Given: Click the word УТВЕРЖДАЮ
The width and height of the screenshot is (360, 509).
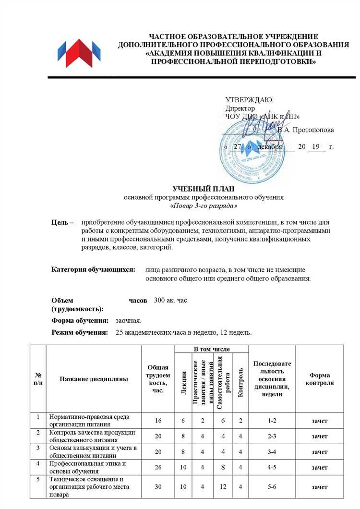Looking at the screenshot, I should point(249,100).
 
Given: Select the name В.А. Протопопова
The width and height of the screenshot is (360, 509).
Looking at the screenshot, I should point(305,130).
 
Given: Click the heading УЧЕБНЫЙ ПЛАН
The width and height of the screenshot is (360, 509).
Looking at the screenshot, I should point(204,189).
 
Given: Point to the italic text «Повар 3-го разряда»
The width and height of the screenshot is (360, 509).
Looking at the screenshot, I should point(204,206).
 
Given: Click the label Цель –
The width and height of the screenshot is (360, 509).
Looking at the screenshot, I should point(62,223).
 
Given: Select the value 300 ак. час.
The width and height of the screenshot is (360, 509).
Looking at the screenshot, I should point(171,300).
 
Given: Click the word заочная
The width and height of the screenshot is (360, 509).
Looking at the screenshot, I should point(128,320).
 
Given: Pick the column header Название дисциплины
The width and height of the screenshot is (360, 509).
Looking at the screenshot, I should point(94,379).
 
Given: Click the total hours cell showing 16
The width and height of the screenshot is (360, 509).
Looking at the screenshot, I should point(158,421).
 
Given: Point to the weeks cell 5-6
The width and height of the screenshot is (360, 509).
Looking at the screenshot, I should point(272,487).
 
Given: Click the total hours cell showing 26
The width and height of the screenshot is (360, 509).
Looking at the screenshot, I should point(158,467).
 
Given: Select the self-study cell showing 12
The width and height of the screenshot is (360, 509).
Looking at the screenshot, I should point(222,487).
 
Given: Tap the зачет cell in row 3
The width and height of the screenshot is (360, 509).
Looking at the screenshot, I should point(320,452).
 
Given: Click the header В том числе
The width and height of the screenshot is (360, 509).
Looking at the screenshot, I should point(212,348).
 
